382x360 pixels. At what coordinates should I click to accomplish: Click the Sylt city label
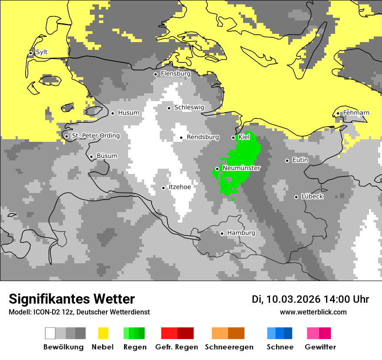(42, 52)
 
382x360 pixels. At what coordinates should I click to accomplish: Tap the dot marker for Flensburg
(155, 74)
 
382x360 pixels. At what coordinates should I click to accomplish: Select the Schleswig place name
(189, 108)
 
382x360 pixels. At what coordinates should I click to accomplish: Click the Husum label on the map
(128, 113)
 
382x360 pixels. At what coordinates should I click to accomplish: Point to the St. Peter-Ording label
(95, 136)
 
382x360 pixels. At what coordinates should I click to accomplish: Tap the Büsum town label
(107, 156)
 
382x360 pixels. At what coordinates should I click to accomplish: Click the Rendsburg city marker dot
(181, 137)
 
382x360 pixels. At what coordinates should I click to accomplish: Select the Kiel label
(244, 137)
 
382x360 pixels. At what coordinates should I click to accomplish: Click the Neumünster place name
(241, 168)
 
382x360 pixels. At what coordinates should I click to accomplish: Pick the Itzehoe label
(180, 187)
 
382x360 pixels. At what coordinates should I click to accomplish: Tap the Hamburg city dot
(222, 233)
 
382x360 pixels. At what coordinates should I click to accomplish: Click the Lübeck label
(312, 196)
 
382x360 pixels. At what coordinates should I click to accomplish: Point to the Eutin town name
(300, 160)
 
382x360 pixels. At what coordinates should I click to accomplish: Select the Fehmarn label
(356, 113)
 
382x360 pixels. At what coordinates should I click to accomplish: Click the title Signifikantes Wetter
(72, 299)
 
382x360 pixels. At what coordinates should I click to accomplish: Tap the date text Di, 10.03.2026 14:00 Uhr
(310, 299)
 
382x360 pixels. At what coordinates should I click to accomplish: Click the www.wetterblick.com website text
(313, 312)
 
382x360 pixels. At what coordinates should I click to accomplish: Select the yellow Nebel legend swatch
(103, 333)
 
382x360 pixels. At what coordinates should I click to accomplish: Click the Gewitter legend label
(320, 347)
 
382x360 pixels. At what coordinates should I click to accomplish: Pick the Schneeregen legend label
(229, 347)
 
